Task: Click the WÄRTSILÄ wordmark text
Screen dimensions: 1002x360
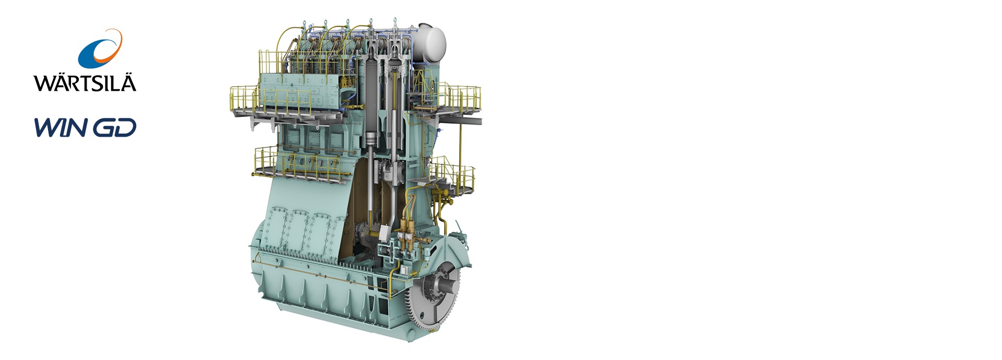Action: pyautogui.click(x=85, y=82)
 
